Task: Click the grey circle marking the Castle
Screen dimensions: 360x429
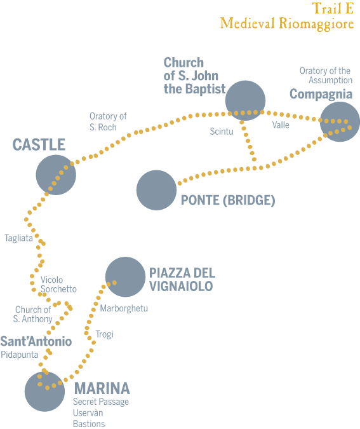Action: coord(56,175)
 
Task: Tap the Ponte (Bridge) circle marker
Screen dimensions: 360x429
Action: coord(156,190)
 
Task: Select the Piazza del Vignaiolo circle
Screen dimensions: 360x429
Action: coord(126,277)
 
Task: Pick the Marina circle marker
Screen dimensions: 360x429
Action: coord(44,392)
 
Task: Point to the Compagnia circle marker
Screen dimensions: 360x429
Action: coord(340,122)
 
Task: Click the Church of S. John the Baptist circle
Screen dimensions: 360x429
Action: coord(245,100)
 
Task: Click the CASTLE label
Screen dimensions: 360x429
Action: coord(39,144)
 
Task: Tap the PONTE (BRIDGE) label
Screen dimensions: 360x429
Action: coord(228,200)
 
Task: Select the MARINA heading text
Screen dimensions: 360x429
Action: coord(102,388)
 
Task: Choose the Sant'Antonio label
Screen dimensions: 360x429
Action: coord(36,341)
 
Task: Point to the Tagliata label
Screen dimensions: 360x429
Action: coord(18,238)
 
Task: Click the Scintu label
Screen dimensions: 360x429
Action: coord(222,132)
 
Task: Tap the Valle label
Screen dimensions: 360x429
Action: coord(281,125)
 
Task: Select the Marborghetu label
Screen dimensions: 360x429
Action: coord(124,309)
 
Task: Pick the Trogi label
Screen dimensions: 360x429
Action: coord(104,334)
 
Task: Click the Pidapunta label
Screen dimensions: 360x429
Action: coord(20,355)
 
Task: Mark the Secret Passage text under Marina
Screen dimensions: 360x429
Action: coord(101,402)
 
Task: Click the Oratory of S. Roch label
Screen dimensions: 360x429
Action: coord(108,122)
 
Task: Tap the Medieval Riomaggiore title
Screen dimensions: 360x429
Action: coord(287,24)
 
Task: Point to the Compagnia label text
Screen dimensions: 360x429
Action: coord(321,95)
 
